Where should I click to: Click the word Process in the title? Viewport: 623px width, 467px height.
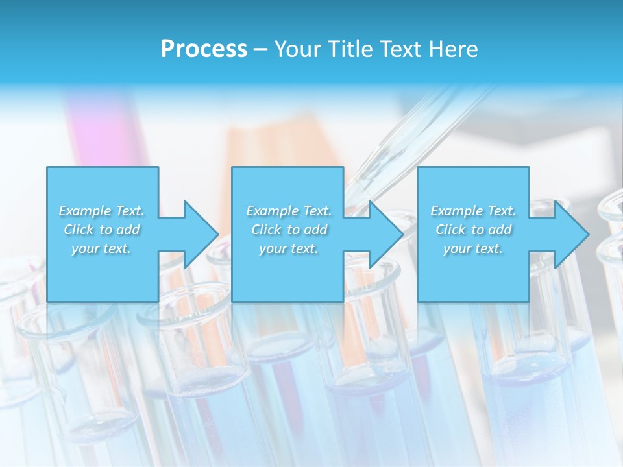pos(204,49)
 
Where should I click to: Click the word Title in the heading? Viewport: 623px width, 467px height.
pos(349,49)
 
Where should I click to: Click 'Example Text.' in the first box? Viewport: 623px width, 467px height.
pos(101,211)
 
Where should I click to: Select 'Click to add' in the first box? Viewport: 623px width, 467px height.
pos(101,230)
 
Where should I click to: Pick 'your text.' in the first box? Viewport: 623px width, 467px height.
pos(101,248)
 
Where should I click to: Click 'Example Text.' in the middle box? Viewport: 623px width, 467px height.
pos(289,211)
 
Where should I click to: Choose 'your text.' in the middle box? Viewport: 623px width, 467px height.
pos(289,248)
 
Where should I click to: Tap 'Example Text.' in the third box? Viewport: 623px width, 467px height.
pos(473,211)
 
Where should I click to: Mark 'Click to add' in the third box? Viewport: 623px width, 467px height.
pos(473,230)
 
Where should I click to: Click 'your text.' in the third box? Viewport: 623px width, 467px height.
pos(473,248)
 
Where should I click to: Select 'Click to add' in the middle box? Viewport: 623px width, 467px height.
pos(289,230)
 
